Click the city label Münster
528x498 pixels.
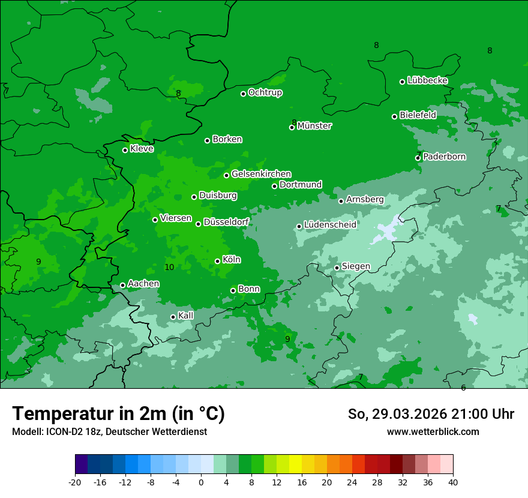(314, 126)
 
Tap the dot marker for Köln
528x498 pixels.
(218, 261)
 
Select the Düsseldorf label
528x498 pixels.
(226, 223)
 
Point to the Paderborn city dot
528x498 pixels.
(418, 158)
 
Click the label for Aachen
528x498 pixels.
(143, 284)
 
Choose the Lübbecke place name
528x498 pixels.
(427, 80)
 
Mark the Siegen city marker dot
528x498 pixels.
(337, 268)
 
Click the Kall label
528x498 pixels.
(186, 316)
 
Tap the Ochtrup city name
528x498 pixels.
(265, 93)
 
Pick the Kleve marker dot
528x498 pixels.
(125, 150)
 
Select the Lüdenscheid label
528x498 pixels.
(330, 225)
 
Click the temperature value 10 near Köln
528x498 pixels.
(169, 267)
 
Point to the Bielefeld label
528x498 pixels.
(418, 115)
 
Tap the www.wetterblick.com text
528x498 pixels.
(433, 431)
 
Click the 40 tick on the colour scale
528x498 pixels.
(452, 482)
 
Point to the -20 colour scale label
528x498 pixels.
(75, 482)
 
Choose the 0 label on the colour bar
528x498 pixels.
(201, 482)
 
